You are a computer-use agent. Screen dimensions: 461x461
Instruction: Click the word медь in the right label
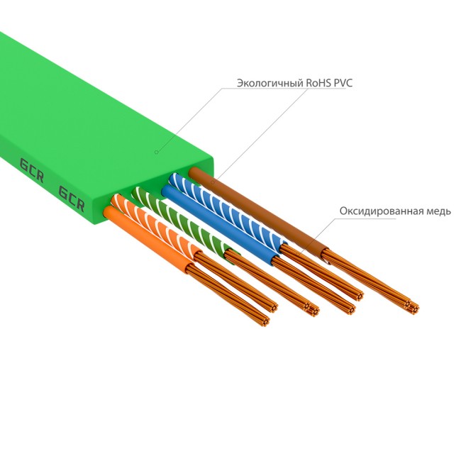(435, 211)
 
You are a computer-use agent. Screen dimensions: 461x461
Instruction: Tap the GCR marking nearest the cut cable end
(72, 199)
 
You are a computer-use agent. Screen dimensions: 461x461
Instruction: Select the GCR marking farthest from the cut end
(31, 171)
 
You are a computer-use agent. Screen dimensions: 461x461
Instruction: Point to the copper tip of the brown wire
(410, 307)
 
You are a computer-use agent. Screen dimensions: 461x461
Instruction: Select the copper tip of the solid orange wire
(265, 319)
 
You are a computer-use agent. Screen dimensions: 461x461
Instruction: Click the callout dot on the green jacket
(156, 151)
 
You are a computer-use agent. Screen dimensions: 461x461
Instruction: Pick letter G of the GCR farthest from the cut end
(23, 166)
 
